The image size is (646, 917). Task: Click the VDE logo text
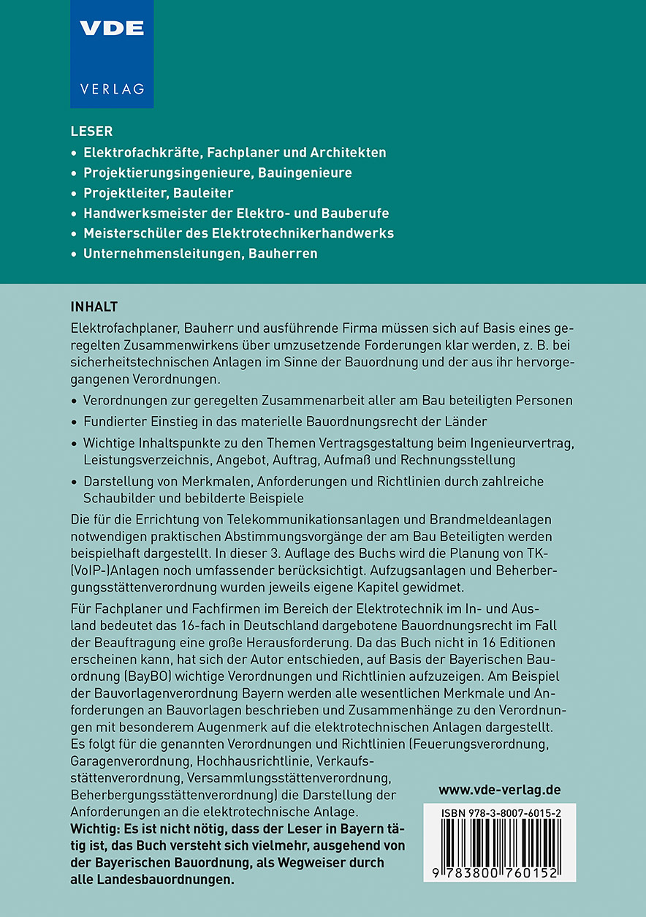(112, 29)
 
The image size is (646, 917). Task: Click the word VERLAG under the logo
(112, 89)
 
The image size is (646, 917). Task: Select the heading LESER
(91, 132)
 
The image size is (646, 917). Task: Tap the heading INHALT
(94, 304)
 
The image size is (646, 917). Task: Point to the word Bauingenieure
(307, 173)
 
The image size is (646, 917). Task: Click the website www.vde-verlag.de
(500, 790)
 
